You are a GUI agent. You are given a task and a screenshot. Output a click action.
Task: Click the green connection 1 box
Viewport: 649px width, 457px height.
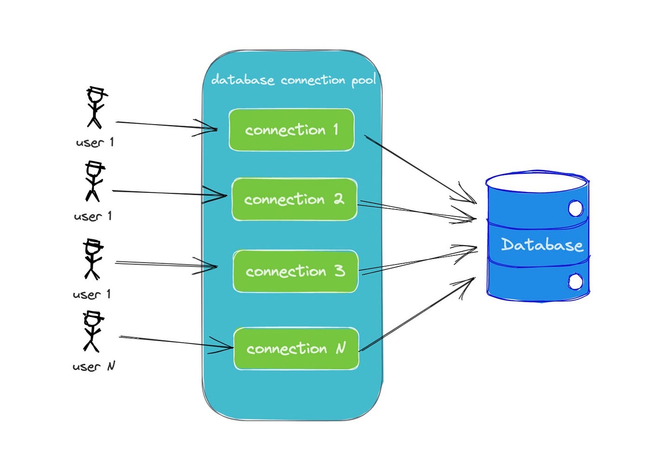292,130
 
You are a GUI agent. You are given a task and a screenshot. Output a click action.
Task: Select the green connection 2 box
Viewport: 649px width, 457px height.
294,199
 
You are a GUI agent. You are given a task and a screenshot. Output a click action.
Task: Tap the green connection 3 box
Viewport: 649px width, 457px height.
295,271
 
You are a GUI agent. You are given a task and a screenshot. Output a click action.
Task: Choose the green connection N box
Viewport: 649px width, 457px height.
296,349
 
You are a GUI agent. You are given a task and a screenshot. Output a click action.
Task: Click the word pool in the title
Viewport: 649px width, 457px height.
363,81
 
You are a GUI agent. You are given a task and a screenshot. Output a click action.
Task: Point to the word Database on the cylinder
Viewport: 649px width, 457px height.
542,245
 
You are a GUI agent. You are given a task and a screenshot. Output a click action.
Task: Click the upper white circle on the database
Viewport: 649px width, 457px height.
575,208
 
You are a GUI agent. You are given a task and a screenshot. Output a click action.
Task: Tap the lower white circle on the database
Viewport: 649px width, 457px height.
575,281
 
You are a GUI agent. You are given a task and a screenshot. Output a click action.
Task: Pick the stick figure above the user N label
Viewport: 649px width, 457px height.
92,332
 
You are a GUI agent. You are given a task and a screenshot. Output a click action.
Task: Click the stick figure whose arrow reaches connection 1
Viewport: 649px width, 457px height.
96,108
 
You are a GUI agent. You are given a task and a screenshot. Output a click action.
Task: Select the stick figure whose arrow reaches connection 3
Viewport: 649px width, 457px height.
93,260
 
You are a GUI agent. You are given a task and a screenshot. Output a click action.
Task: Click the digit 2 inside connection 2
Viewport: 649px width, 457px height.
338,199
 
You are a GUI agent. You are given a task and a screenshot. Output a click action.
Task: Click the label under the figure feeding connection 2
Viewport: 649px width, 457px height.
93,216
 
